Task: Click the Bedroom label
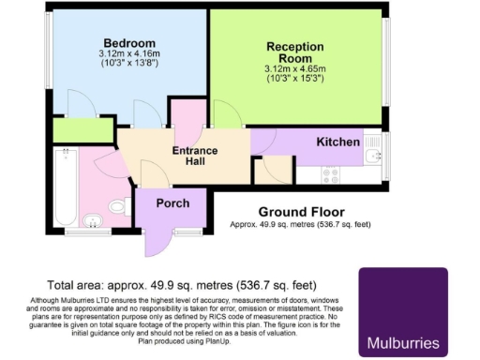click(x=130, y=43)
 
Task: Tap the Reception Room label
click(x=294, y=52)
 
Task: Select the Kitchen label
click(x=337, y=142)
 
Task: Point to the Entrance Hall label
click(x=195, y=157)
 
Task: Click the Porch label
click(x=172, y=202)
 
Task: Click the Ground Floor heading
click(x=301, y=211)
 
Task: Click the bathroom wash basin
click(x=92, y=221)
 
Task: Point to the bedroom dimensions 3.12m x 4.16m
click(x=129, y=54)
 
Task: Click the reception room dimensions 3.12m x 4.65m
click(x=294, y=69)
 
